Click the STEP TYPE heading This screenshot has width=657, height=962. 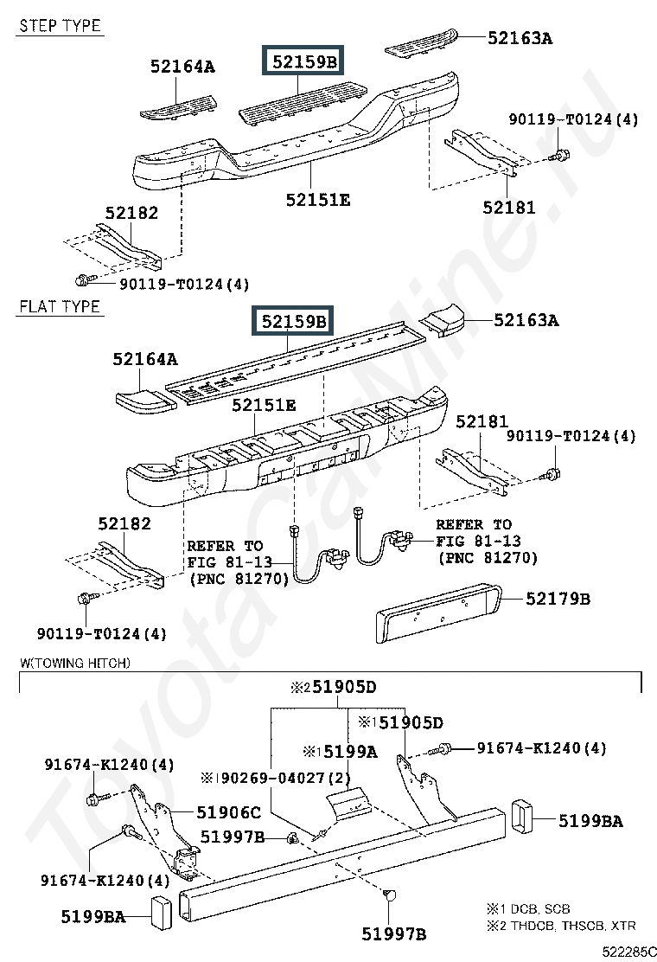click(x=60, y=26)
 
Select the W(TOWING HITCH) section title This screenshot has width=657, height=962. click(x=74, y=664)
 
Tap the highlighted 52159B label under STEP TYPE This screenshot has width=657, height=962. click(x=303, y=62)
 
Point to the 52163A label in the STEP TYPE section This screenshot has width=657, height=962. click(x=520, y=38)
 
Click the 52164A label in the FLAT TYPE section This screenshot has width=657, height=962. click(x=144, y=358)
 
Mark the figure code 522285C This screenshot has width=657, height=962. click(x=628, y=951)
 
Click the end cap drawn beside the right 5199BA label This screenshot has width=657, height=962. click(x=523, y=818)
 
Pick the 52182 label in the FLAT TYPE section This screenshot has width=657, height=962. click(x=124, y=523)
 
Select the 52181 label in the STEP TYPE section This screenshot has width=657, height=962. click(x=508, y=208)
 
